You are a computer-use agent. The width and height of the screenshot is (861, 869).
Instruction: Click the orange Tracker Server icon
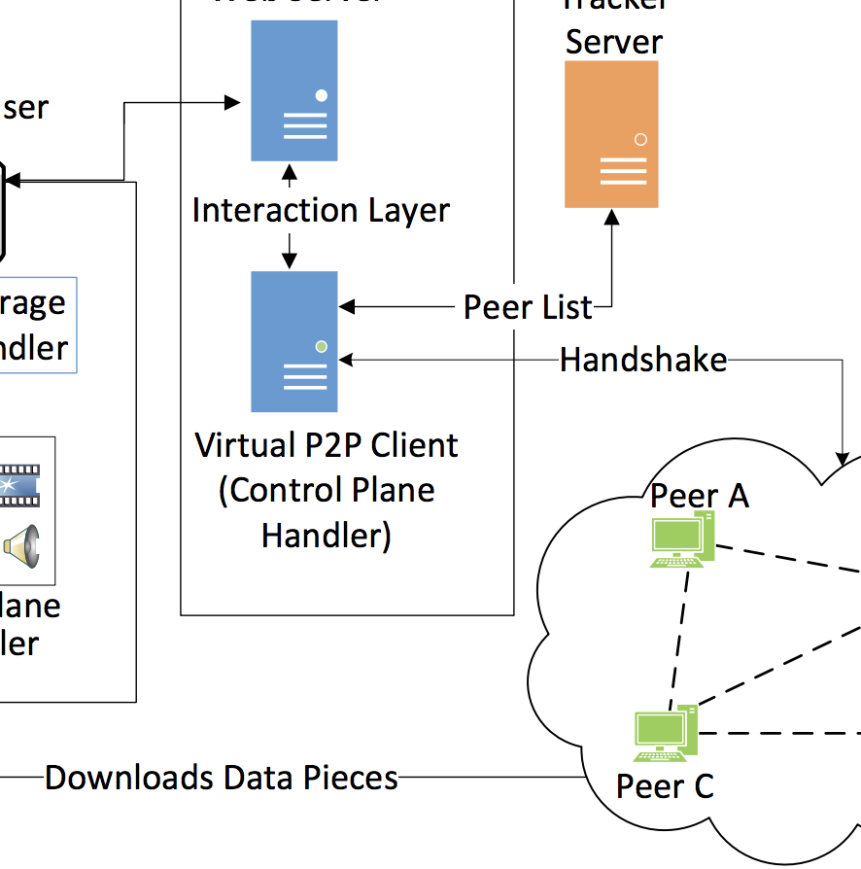[x=611, y=134]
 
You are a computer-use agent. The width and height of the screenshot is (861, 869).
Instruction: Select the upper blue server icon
[x=293, y=90]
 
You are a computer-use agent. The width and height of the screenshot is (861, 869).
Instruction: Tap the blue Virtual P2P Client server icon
[x=293, y=341]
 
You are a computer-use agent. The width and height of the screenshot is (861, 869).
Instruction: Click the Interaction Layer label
[x=321, y=210]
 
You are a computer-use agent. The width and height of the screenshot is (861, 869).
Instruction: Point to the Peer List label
[x=528, y=308]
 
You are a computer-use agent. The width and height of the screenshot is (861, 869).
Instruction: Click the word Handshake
[x=643, y=361]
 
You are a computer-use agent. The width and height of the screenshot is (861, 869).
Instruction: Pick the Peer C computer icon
[x=666, y=734]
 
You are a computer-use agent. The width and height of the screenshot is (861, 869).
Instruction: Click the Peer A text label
[x=700, y=495]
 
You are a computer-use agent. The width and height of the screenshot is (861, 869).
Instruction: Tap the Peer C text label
[x=665, y=785]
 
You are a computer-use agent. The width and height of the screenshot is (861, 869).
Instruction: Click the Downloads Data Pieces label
[x=222, y=778]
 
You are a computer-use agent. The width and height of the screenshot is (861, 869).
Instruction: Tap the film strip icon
[x=19, y=485]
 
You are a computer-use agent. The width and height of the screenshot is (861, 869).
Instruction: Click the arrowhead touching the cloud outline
[x=842, y=453]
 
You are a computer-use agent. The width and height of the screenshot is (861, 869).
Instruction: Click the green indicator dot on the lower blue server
[x=321, y=346]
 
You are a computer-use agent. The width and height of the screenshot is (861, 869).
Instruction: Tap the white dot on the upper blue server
[x=321, y=95]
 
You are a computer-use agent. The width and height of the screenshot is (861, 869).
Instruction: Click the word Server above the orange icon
[x=613, y=42]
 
